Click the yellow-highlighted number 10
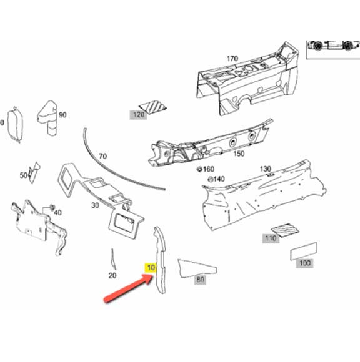(x=151, y=268)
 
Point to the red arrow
(x=128, y=288)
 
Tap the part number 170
(x=232, y=59)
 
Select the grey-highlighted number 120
(x=138, y=114)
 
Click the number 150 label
(x=239, y=154)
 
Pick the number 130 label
(x=265, y=169)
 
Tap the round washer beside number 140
(x=211, y=179)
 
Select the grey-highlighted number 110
(x=271, y=238)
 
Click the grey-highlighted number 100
(x=305, y=263)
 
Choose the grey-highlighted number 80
(x=200, y=280)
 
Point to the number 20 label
(x=112, y=275)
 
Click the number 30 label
(x=95, y=205)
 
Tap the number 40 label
(x=57, y=212)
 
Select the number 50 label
(x=24, y=175)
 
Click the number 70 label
(x=102, y=156)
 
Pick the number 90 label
(x=62, y=115)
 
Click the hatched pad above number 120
(x=153, y=107)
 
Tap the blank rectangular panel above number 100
(x=304, y=251)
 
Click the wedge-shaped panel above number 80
(x=196, y=268)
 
